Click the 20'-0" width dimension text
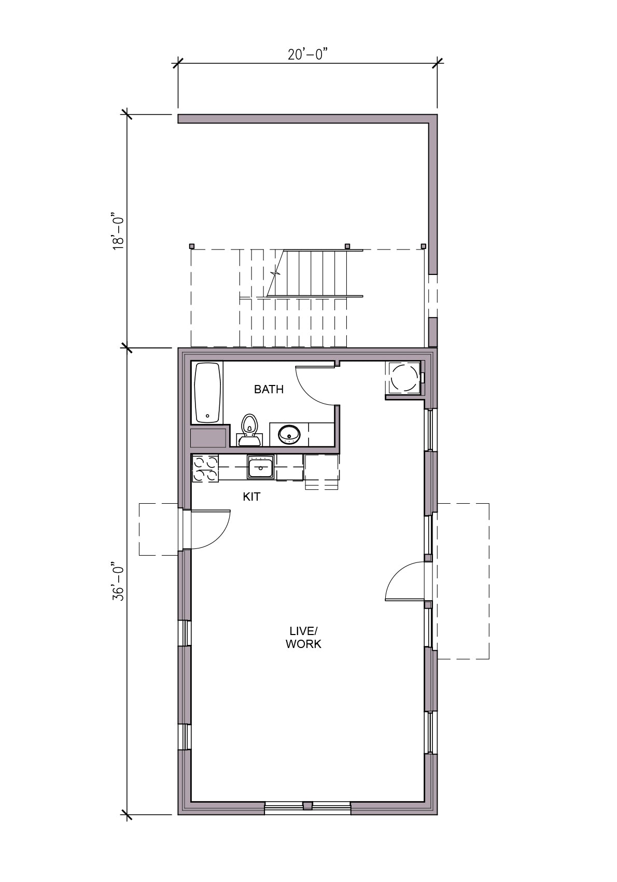coord(307,54)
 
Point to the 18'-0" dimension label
coord(118,231)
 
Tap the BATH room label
coord(269,390)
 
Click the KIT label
coord(251,497)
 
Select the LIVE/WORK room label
coord(303,638)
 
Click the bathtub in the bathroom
coord(207,393)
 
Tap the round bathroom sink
coord(289,434)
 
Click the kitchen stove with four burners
coord(205,468)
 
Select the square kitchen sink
coord(260,467)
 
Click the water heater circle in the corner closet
coord(404,377)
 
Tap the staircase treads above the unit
coord(311,272)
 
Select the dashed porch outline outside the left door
coord(159,530)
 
